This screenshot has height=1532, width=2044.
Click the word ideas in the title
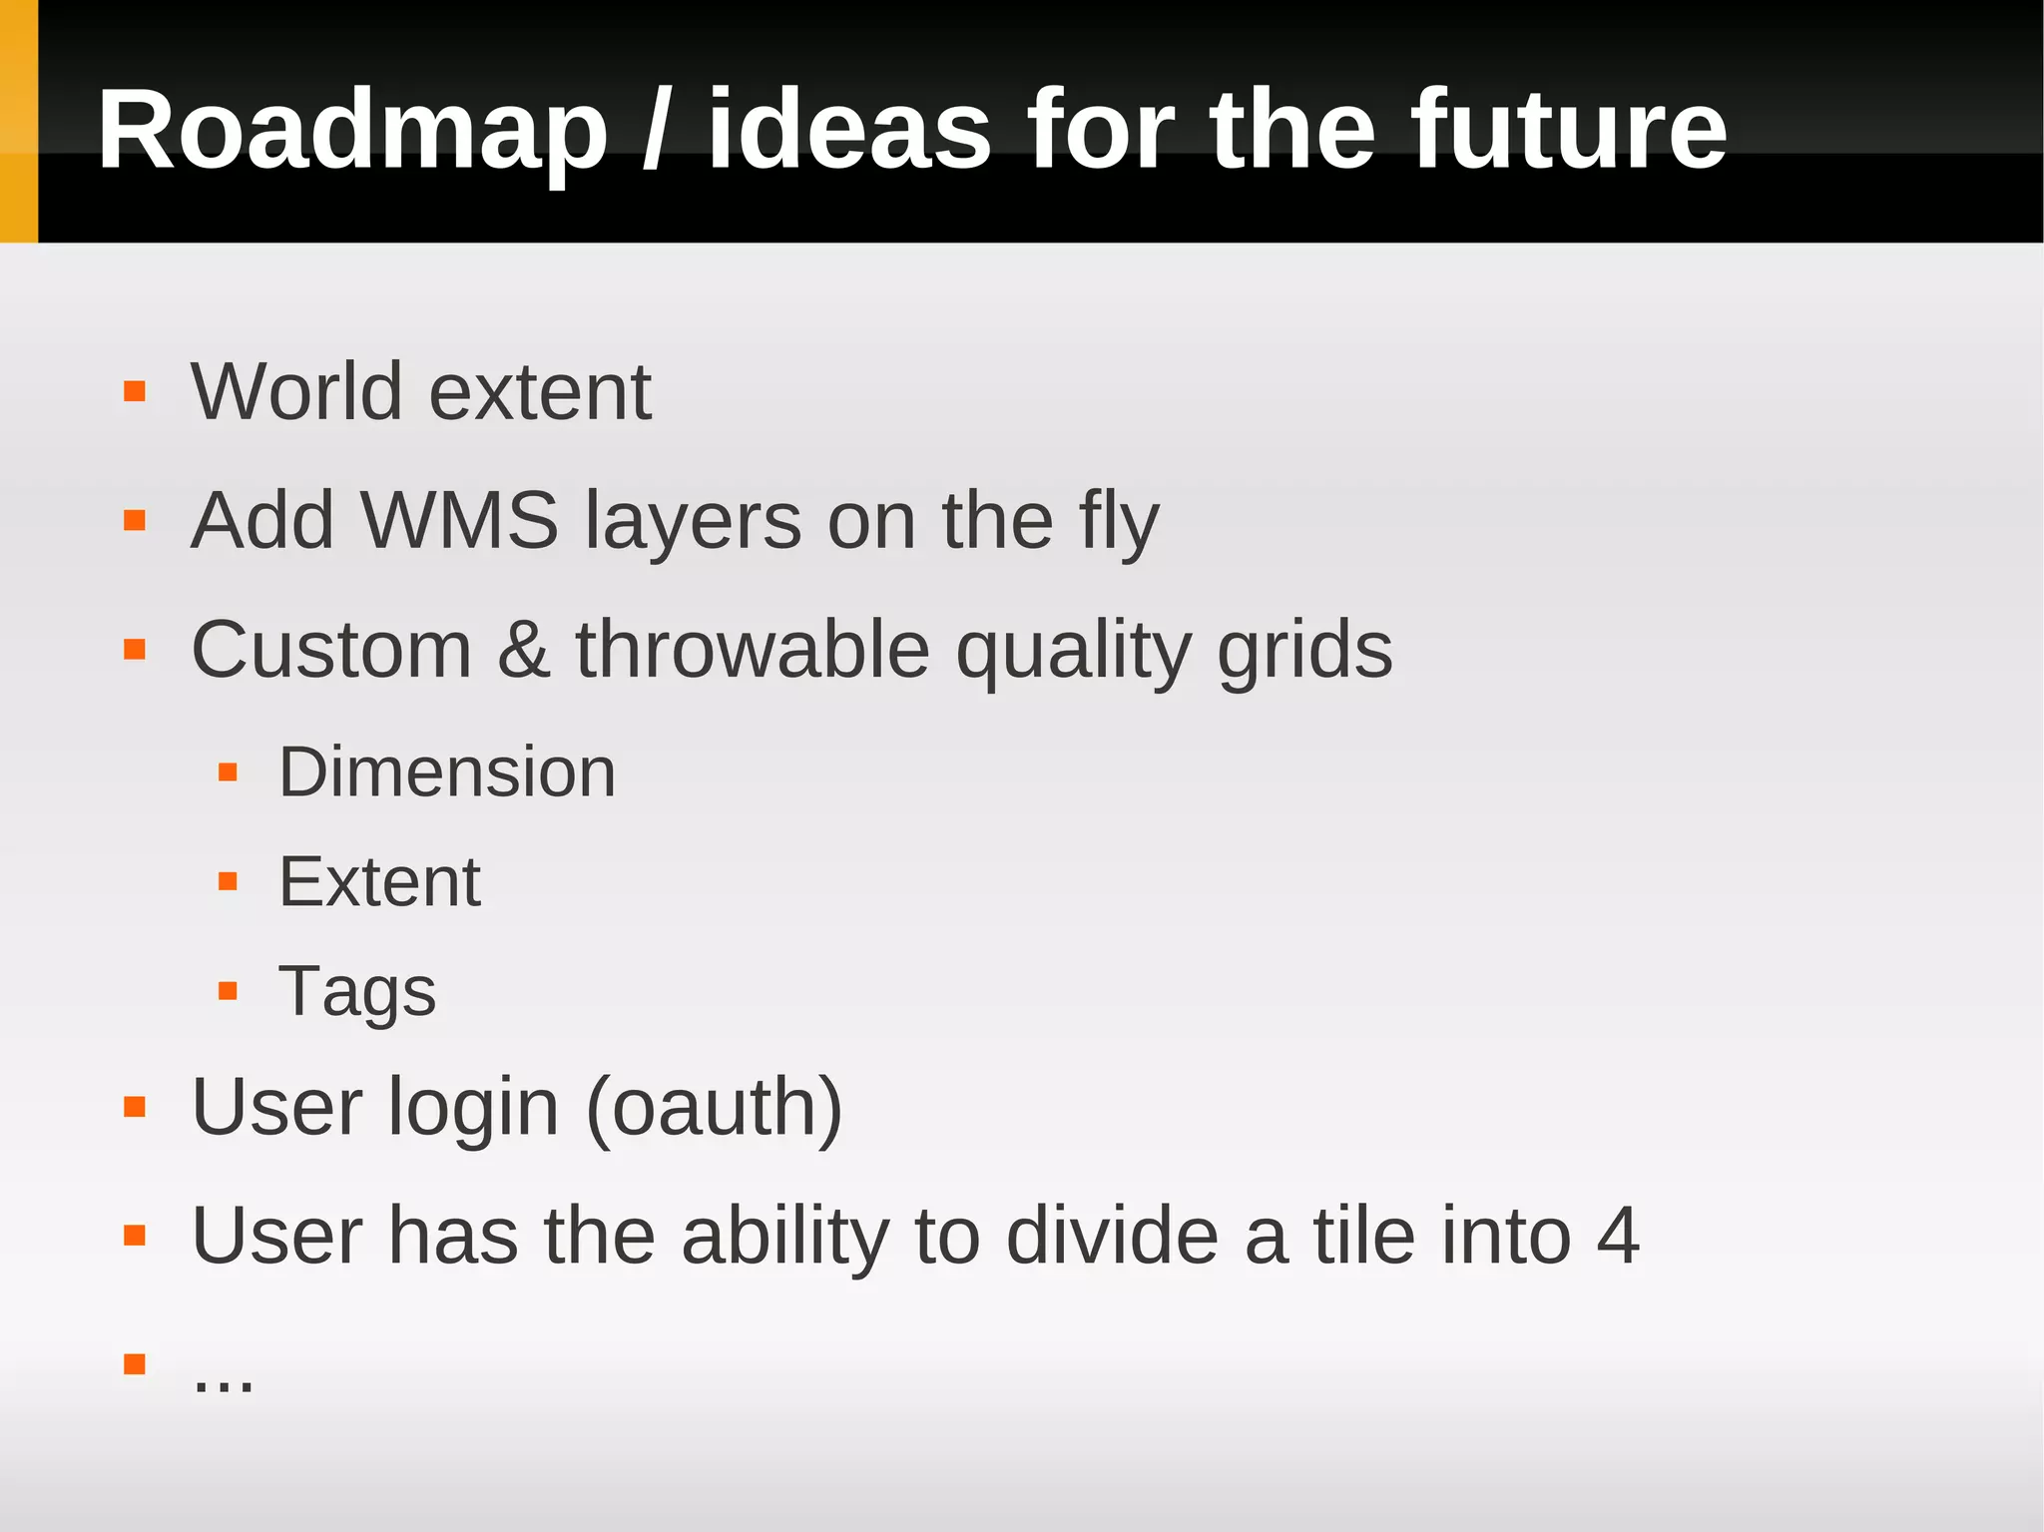[x=849, y=130]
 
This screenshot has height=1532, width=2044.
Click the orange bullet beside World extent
[x=135, y=391]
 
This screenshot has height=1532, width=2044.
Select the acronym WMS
[x=458, y=520]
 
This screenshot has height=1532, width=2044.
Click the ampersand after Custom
[x=523, y=650]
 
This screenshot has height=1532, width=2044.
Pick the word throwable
[x=753, y=650]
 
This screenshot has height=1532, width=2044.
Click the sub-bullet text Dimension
[x=447, y=771]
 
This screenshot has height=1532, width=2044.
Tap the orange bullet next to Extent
[x=228, y=881]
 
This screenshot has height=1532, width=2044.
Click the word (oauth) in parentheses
[x=715, y=1107]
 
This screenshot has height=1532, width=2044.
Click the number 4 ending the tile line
[x=1617, y=1237]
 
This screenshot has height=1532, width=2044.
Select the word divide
[x=1112, y=1237]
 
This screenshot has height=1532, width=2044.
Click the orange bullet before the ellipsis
[x=135, y=1363]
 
